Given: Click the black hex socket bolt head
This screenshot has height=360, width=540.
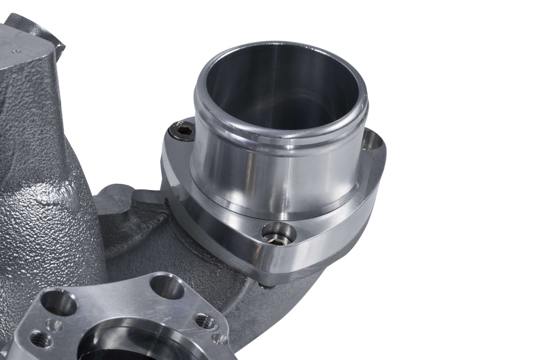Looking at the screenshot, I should (x=185, y=133).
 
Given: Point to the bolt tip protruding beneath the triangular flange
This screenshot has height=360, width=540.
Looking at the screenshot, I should (x=265, y=286).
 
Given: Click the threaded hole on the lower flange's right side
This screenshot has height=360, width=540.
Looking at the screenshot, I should (x=205, y=322).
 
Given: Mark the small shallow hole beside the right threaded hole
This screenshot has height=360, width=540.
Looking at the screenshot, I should (x=220, y=339).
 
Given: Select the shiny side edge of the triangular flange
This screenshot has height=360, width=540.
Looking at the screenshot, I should (x=319, y=242).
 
